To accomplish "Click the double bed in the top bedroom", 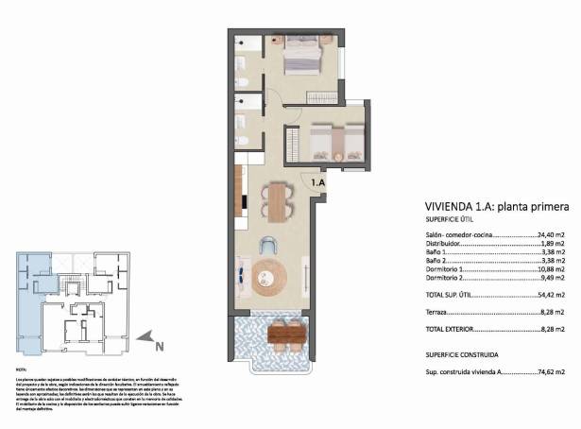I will (303, 60).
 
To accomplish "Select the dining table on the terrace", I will (285, 334).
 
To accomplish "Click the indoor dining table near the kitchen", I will (276, 200).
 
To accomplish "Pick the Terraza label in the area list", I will (437, 312).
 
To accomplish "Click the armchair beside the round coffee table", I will (270, 243).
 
